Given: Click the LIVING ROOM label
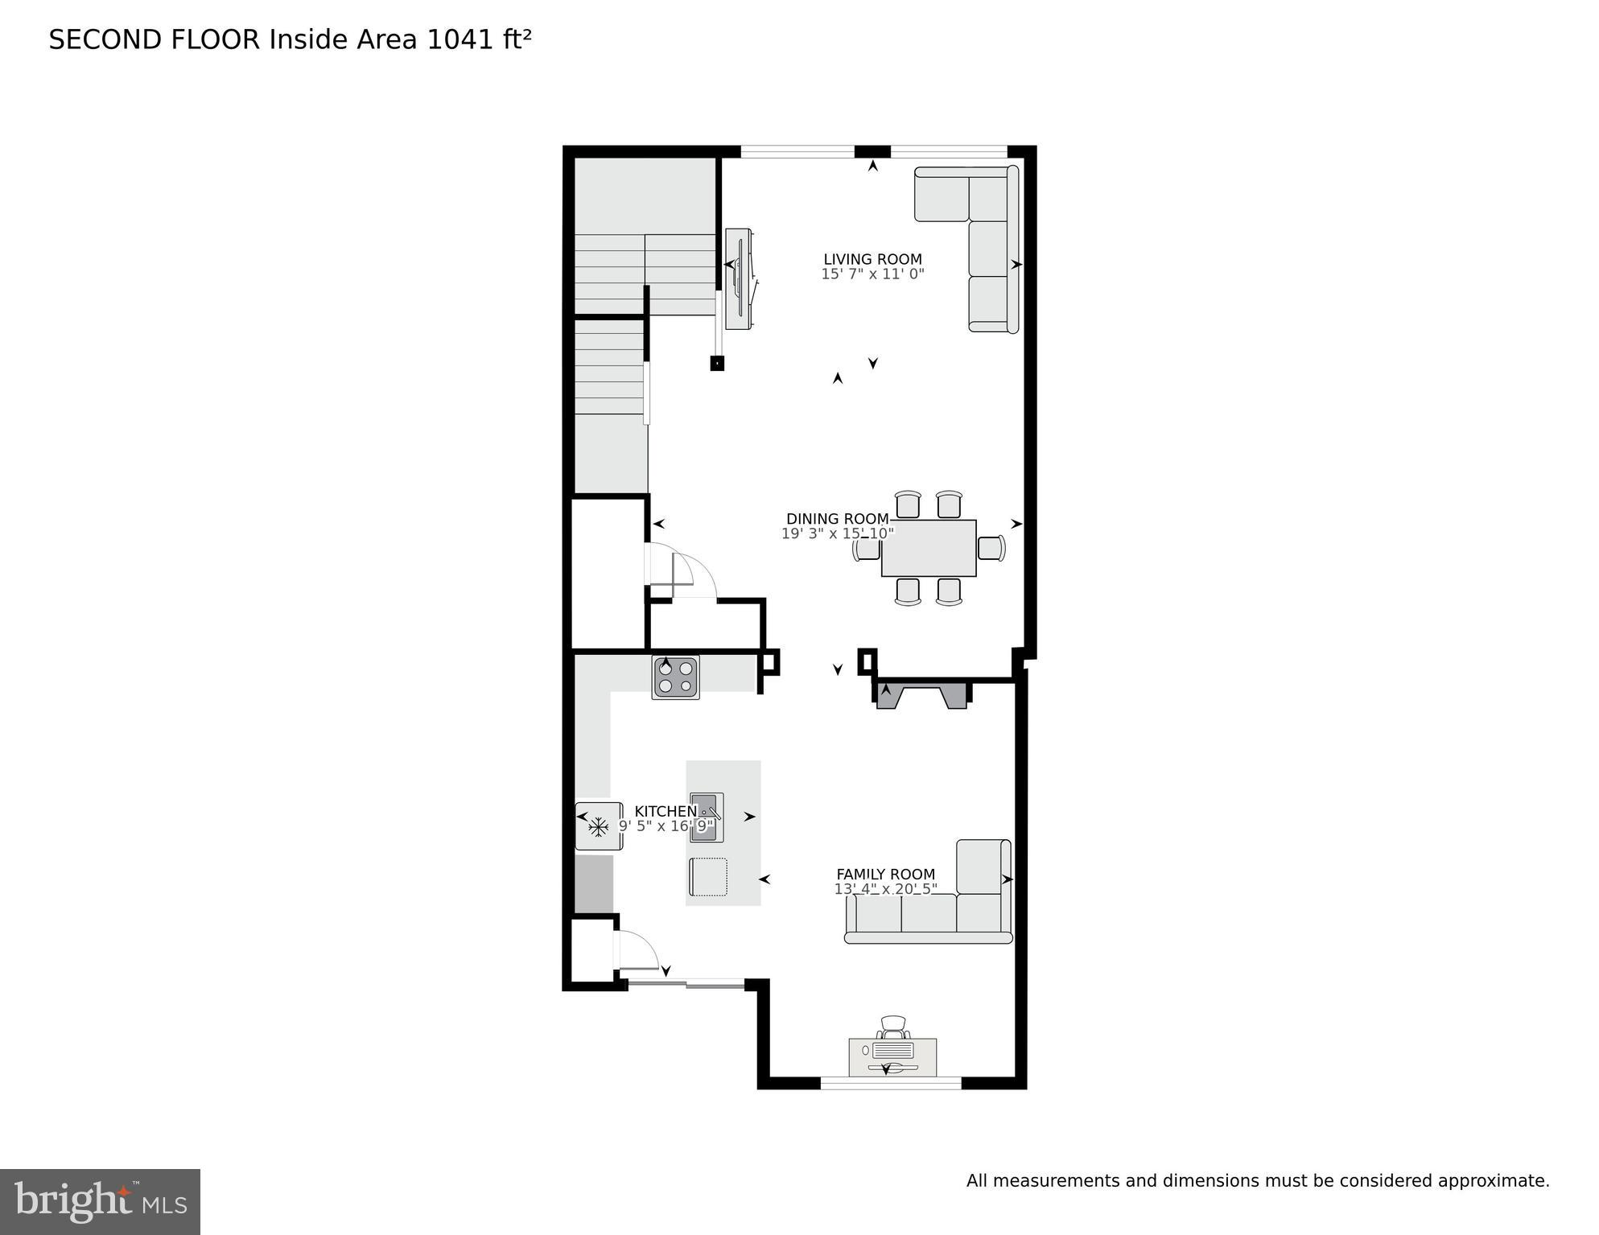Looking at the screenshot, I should tap(872, 259).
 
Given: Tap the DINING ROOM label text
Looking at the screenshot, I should tap(837, 519).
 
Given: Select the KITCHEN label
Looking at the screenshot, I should tap(665, 811).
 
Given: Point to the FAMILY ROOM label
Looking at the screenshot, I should tap(885, 874).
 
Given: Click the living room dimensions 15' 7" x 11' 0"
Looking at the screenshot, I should tap(872, 274).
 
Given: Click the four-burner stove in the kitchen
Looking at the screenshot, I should tap(675, 677).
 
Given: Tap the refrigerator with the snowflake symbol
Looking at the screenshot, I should tap(598, 825).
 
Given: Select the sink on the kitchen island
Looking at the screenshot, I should tap(707, 817).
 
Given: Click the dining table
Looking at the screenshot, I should tap(929, 548).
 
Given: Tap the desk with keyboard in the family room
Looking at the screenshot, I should tap(892, 1055).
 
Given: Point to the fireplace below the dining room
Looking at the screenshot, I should tap(921, 695).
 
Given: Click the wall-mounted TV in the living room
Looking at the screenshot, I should tap(738, 278).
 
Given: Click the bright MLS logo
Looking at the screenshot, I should tap(100, 1201).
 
